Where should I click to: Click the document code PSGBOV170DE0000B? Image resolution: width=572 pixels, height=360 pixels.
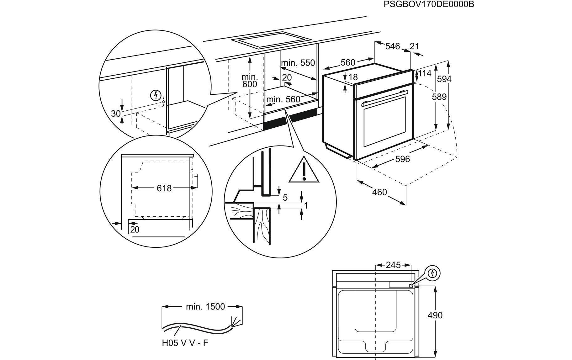pos(429,4)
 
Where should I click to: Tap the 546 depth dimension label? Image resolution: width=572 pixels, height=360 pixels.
pos(393,46)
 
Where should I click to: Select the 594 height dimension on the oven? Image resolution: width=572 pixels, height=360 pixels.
pos(444,79)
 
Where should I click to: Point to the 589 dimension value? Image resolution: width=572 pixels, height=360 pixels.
pos(439,97)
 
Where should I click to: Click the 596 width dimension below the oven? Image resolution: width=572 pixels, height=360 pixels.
pos(403,159)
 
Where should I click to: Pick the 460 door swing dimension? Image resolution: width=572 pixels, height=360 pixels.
pos(380,192)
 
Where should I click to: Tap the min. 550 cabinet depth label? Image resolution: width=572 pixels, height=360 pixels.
pos(298,63)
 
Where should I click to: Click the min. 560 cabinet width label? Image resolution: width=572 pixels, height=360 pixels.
pos(283,100)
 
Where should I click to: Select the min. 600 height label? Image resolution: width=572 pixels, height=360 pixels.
pos(250,80)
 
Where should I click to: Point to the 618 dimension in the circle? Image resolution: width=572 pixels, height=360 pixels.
pos(164,188)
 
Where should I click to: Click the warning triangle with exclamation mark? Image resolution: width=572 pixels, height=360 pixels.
pos(304,170)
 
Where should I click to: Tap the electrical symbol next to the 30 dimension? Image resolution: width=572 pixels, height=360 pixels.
pos(156,95)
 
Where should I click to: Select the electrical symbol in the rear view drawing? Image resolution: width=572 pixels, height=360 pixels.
pos(433,273)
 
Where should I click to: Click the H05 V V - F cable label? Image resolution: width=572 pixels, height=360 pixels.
pos(185,343)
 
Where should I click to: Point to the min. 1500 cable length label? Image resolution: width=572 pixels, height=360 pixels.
pos(205,306)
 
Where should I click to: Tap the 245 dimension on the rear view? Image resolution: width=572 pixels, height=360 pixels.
pos(393,265)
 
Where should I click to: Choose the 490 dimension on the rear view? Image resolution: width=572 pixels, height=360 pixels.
pos(435,315)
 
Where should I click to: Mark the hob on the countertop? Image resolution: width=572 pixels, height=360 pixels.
pos(271,40)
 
